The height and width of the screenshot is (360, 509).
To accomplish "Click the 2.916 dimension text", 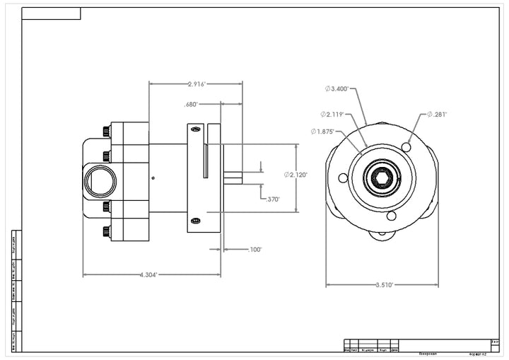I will coord(197,84).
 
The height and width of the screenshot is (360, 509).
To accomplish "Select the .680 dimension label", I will coord(191,105).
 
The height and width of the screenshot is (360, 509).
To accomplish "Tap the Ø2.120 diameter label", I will coord(296,175).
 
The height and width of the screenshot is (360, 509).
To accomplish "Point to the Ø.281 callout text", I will coord(436,114).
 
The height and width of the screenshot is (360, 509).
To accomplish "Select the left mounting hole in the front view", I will coord(344,178).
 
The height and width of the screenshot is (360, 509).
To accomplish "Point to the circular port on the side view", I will coord(100,181).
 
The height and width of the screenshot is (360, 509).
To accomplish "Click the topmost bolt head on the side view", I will coord(106,132).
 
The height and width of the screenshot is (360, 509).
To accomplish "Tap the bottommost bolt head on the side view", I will coord(106,231).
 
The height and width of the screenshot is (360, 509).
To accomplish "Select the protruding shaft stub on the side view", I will coord(233,178).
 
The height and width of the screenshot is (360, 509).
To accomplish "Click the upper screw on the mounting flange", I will coord(196,129).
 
